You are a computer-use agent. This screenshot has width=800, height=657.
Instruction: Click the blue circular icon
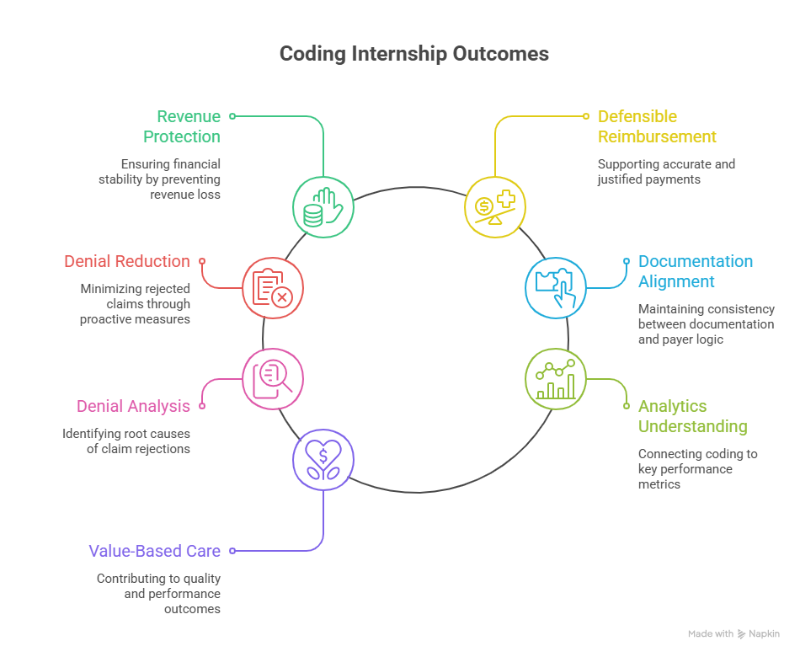555,286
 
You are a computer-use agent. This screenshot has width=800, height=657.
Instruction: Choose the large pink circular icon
272,379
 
